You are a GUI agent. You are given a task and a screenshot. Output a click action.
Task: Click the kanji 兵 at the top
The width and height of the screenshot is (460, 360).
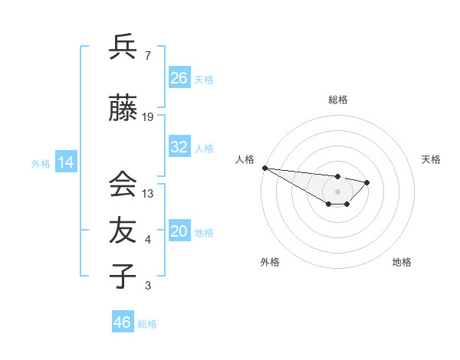(x=123, y=47)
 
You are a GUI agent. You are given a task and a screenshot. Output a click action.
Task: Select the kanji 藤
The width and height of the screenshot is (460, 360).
(x=123, y=110)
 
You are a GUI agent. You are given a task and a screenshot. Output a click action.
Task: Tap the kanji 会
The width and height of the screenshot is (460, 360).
(x=123, y=185)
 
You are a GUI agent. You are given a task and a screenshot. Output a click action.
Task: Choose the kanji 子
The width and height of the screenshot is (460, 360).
(x=123, y=276)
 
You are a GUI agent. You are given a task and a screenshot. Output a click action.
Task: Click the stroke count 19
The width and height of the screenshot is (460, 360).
(x=148, y=117)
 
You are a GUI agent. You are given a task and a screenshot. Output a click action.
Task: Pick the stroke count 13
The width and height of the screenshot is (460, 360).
(x=148, y=193)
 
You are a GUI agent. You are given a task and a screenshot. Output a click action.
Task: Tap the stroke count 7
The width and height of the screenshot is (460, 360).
(x=148, y=56)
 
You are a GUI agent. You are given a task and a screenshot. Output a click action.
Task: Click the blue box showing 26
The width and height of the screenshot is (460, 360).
(x=179, y=78)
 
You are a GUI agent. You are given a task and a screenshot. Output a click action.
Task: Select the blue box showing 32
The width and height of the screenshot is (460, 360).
(x=179, y=147)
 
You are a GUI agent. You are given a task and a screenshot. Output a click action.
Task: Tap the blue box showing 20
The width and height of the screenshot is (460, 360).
(x=179, y=231)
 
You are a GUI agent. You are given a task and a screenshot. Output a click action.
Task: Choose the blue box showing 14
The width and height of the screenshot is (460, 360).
(x=66, y=162)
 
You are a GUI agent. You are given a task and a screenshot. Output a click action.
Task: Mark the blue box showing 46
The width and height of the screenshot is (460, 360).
(x=123, y=322)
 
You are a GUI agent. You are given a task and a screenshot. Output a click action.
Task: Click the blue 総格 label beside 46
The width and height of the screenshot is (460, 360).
(x=148, y=324)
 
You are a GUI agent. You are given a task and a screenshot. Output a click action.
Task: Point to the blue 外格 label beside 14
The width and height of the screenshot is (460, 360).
(x=41, y=163)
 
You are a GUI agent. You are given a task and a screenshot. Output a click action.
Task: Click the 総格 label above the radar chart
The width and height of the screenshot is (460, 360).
(x=337, y=100)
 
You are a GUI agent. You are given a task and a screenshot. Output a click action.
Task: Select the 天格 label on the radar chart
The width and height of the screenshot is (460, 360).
(x=431, y=159)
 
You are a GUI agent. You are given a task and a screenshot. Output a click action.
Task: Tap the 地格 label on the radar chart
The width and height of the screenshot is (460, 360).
(x=402, y=262)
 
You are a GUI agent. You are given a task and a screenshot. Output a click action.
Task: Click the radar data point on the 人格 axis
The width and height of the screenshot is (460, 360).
(x=264, y=168)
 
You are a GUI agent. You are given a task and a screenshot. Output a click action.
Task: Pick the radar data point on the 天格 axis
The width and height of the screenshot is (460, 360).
(x=367, y=182)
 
